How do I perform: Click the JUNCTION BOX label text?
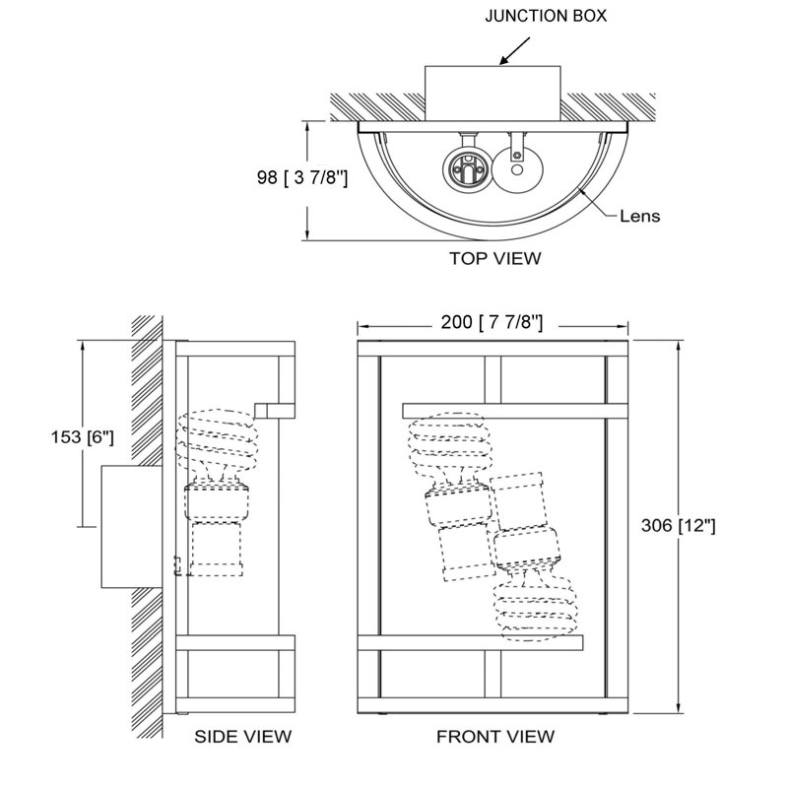tap(546, 16)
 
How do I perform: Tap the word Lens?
tap(639, 216)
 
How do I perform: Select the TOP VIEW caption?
tap(495, 258)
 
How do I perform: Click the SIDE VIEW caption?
tap(242, 737)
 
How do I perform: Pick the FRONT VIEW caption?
tap(495, 737)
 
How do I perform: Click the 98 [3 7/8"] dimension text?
tap(302, 177)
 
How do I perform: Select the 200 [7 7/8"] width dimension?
tap(492, 322)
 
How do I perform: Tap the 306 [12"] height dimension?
tap(678, 526)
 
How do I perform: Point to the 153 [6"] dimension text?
tap(83, 437)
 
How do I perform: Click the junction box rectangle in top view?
tap(492, 93)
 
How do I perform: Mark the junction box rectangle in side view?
tap(132, 527)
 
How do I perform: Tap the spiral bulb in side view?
tap(217, 440)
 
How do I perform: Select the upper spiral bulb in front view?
tap(449, 444)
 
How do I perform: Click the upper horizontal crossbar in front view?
tap(515, 411)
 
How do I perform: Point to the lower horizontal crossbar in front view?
tap(470, 643)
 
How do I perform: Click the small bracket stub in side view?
tap(275, 411)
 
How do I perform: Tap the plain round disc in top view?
tap(516, 169)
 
